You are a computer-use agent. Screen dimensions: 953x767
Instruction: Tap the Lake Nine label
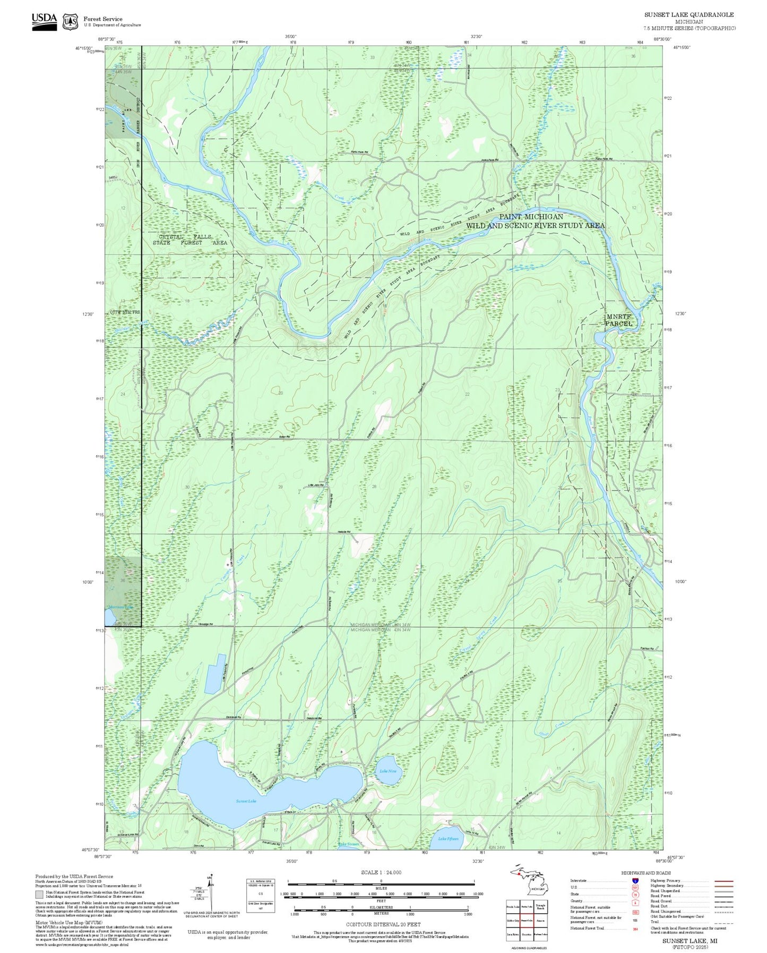388,771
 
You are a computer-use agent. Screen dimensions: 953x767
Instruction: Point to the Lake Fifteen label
448,839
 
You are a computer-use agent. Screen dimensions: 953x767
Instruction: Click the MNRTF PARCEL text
619,320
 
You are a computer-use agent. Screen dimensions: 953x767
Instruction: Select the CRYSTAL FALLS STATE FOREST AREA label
189,240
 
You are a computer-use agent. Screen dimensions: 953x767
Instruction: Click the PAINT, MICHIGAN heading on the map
531,217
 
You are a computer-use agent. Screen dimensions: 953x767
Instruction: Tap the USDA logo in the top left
44,21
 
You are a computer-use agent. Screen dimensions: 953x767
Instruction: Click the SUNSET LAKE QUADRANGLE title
689,15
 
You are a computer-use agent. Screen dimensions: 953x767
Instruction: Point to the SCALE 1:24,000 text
381,872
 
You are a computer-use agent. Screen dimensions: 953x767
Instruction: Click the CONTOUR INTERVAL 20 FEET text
383,924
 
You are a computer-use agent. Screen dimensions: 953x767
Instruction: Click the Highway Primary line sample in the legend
724,880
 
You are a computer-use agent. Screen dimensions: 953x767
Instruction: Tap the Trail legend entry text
655,922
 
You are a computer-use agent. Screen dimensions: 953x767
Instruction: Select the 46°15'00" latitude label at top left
84,48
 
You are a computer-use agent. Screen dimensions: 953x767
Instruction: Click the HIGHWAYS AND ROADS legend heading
646,873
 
